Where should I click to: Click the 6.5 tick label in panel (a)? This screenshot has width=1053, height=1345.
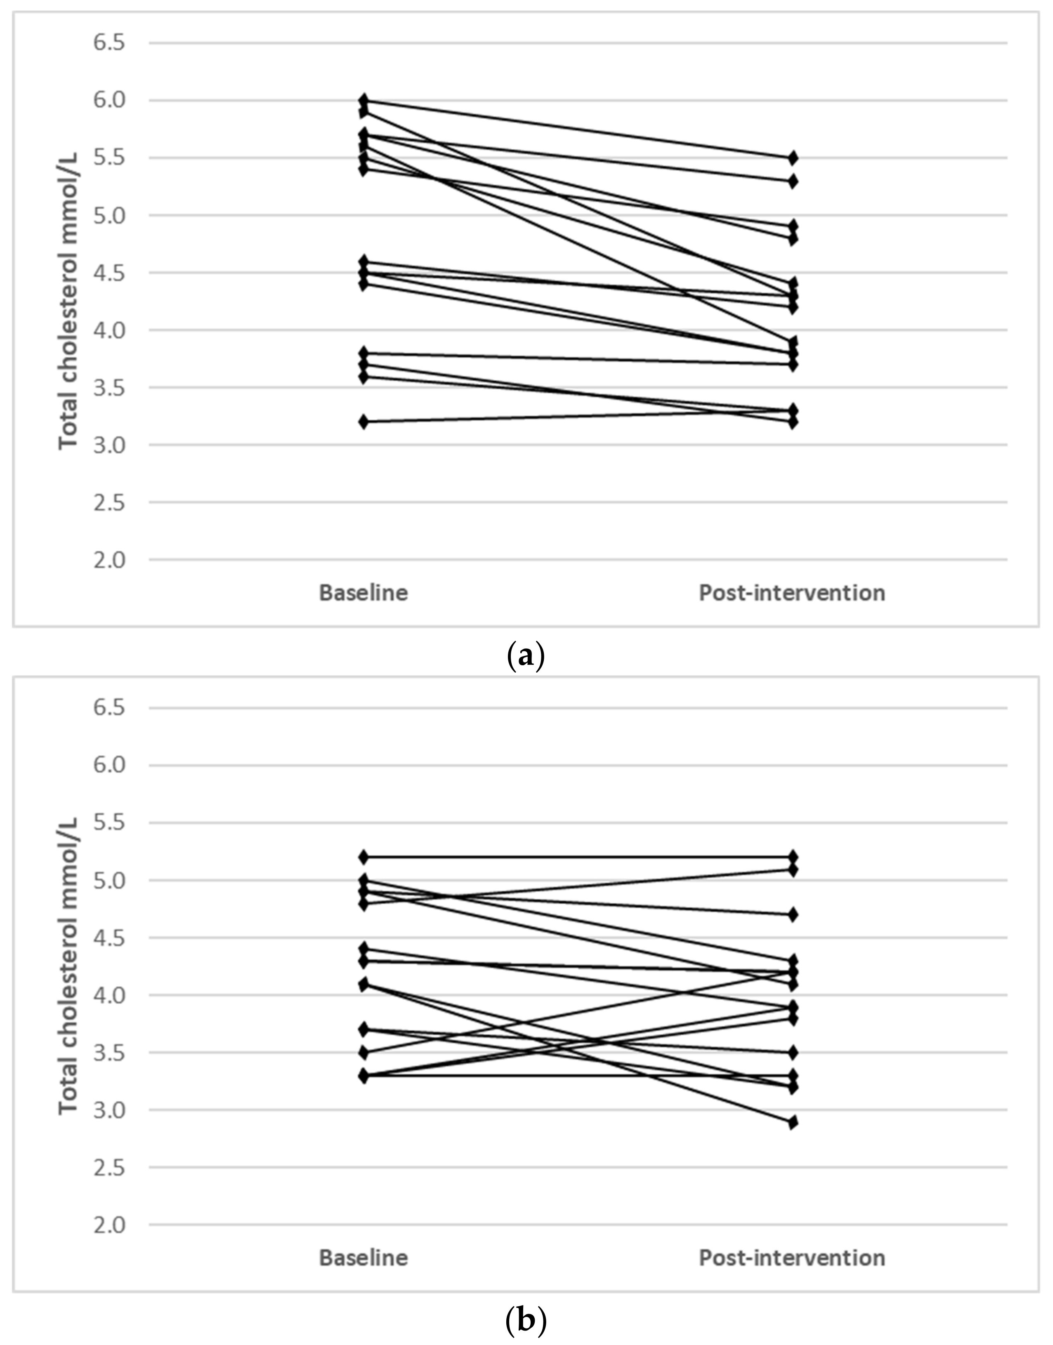[109, 43]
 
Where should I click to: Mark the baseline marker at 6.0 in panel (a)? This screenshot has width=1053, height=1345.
[364, 100]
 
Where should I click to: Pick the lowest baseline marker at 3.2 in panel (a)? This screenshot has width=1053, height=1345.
[364, 422]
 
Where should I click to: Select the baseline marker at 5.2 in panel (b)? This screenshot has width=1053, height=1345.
[364, 857]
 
